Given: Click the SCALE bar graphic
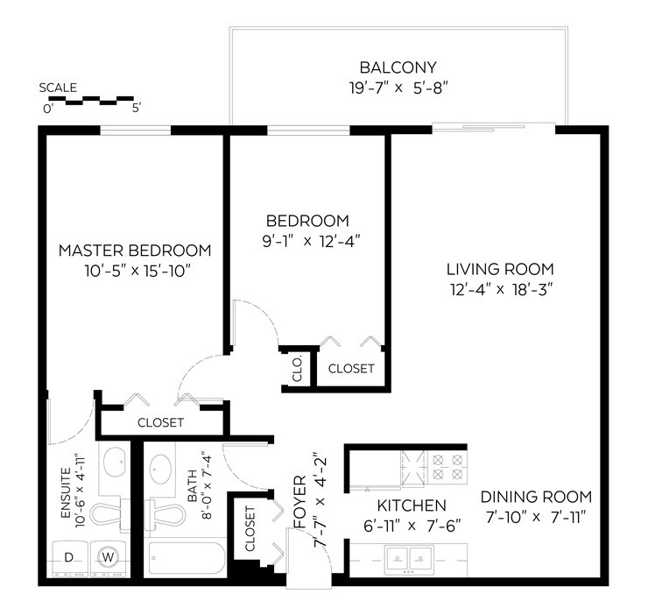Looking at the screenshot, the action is click(x=91, y=101).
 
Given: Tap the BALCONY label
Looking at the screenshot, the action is click(x=398, y=67).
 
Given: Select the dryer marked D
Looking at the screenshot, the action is click(x=70, y=559).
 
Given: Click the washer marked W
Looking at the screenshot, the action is click(x=109, y=559).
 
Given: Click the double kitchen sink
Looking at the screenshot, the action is click(x=409, y=559).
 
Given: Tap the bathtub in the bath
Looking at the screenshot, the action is click(x=187, y=558).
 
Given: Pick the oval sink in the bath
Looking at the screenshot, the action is click(x=161, y=469).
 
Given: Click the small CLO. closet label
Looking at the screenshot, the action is click(x=297, y=369).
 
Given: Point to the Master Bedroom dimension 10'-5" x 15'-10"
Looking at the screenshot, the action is click(x=137, y=271).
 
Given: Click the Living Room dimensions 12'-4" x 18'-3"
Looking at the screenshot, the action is click(x=501, y=290).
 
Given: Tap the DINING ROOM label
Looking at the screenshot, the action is click(x=536, y=497).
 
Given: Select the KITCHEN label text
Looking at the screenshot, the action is click(x=412, y=505).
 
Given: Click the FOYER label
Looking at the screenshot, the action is click(x=299, y=502).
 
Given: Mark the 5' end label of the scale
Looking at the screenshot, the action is click(x=137, y=109).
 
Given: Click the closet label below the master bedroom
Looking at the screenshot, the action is click(x=160, y=422).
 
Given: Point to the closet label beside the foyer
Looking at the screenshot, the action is click(x=250, y=528).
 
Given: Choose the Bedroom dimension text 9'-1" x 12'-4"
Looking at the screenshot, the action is click(x=311, y=241).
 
